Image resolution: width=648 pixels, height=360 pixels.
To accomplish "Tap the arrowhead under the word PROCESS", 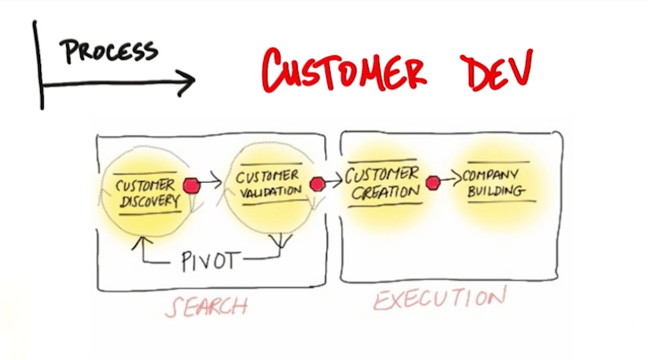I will pyautogui.click(x=186, y=84).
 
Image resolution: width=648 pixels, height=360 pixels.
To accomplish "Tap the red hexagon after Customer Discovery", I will pyautogui.click(x=191, y=184).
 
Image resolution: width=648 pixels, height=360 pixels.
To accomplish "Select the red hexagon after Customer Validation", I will pyautogui.click(x=316, y=184).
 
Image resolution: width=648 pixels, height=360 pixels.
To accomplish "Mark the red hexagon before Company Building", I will pyautogui.click(x=432, y=184).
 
